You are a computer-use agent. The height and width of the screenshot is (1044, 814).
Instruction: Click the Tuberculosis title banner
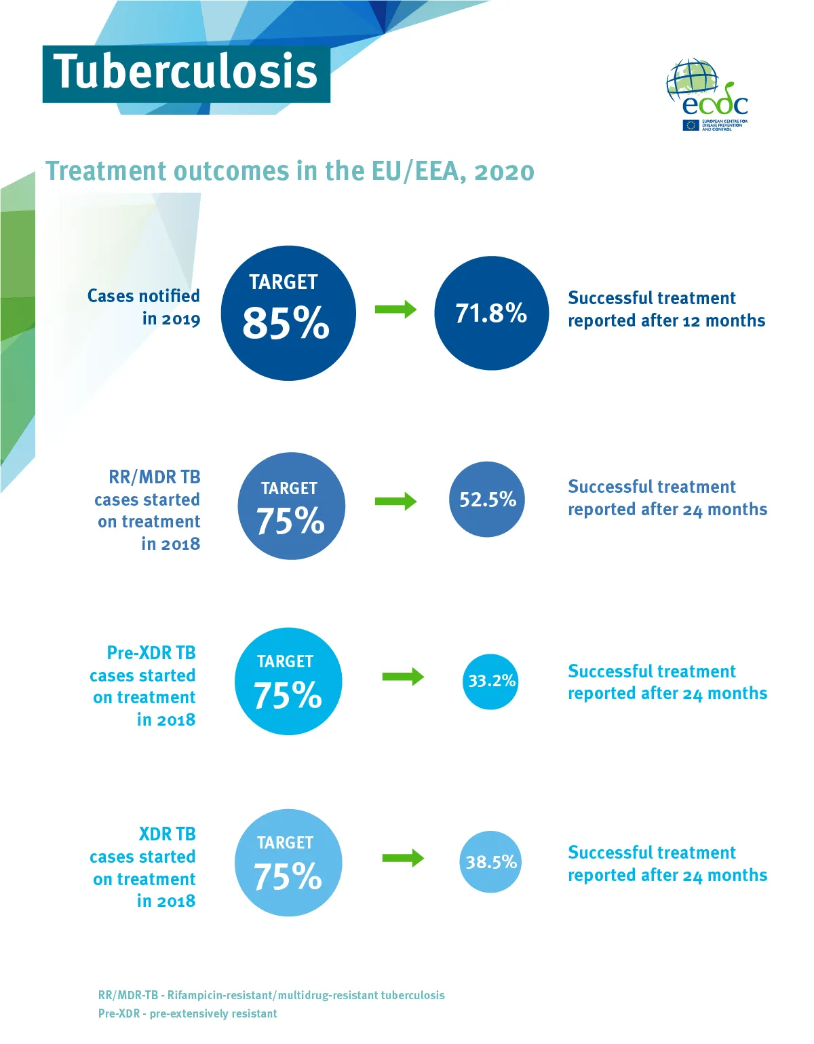tap(186, 74)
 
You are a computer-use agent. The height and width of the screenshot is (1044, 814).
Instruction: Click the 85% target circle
tap(288, 313)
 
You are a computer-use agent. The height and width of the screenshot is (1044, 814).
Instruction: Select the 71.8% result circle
tap(491, 313)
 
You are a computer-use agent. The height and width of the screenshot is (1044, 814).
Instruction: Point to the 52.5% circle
tap(487, 500)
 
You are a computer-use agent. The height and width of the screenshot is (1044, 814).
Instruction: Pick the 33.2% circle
tap(491, 681)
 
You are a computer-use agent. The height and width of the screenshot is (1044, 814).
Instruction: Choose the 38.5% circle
tap(490, 862)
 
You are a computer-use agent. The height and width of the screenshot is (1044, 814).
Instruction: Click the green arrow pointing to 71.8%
tap(395, 310)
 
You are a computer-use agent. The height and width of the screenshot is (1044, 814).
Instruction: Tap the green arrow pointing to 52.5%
tap(395, 502)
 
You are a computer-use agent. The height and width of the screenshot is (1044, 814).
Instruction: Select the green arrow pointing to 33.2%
tap(403, 677)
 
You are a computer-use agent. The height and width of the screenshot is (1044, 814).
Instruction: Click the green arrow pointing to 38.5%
tap(403, 858)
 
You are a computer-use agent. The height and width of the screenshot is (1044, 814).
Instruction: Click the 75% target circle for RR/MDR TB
tap(291, 506)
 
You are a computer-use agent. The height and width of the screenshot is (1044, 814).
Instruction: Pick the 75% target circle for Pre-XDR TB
tap(288, 682)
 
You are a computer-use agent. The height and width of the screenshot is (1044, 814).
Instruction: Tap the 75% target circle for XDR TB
tap(288, 863)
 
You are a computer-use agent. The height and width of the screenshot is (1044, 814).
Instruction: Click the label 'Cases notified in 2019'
tap(144, 307)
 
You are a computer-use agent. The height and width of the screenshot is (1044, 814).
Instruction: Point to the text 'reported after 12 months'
tap(666, 321)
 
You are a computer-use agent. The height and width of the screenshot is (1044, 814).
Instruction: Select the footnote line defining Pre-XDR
tap(187, 1013)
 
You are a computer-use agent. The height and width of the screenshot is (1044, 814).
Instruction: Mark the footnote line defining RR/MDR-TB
tap(271, 995)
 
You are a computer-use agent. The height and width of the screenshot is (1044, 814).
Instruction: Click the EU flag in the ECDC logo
tap(691, 125)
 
